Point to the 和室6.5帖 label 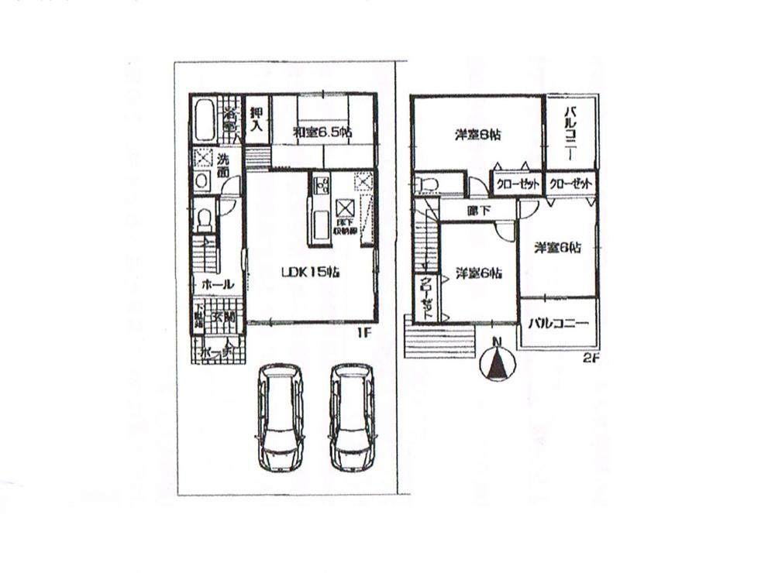tap(322, 132)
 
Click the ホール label tap(217, 285)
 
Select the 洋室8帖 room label tap(477, 135)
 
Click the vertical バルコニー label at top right tap(569, 132)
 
